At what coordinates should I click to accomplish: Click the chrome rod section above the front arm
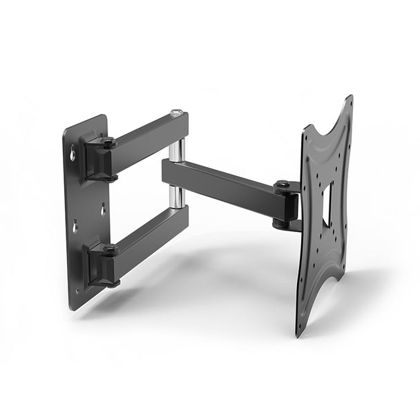coord(178,150)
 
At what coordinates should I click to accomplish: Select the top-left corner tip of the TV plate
coord(305,127)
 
